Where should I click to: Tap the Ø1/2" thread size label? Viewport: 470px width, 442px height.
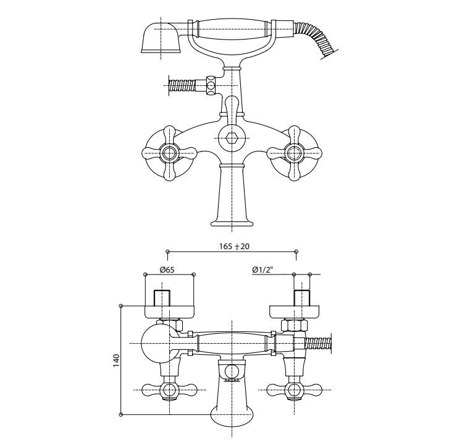click(263, 270)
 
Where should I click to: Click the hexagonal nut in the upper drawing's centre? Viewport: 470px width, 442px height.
click(232, 138)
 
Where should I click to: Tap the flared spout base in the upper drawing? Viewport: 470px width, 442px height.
click(232, 219)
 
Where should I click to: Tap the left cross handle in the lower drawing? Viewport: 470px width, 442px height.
click(168, 389)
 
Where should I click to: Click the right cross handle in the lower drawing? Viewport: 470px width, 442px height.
click(294, 389)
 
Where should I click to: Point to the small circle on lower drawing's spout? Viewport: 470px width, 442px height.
click(232, 372)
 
